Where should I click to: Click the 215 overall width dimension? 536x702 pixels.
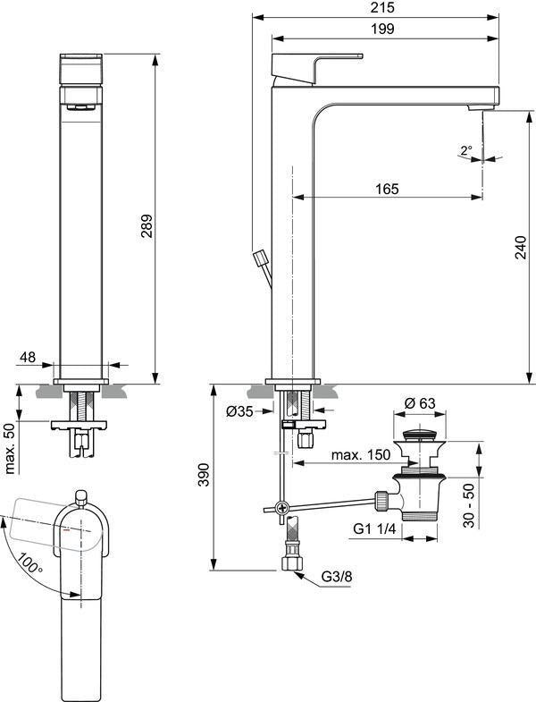pyautogui.click(x=383, y=7)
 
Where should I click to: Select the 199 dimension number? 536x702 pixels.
pyautogui.click(x=383, y=30)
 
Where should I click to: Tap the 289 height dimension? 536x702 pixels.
pyautogui.click(x=147, y=225)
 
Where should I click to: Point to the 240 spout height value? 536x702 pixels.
pyautogui.click(x=521, y=247)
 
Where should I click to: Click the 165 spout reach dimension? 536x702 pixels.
pyautogui.click(x=387, y=189)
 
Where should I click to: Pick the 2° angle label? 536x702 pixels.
pyautogui.click(x=466, y=149)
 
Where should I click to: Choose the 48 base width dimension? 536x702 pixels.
pyautogui.click(x=28, y=357)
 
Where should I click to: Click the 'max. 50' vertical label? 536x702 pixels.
pyautogui.click(x=11, y=449)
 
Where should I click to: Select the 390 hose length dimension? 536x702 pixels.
pyautogui.click(x=203, y=475)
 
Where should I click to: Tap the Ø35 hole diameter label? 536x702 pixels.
pyautogui.click(x=239, y=411)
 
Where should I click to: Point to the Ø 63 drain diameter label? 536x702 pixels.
pyautogui.click(x=420, y=403)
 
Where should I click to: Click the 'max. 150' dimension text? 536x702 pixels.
pyautogui.click(x=361, y=455)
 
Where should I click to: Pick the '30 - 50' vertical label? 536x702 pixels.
pyautogui.click(x=468, y=505)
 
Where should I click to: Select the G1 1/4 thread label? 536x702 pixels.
pyautogui.click(x=374, y=529)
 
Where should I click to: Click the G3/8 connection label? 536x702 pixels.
pyautogui.click(x=337, y=577)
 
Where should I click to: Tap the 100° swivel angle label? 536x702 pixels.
pyautogui.click(x=31, y=563)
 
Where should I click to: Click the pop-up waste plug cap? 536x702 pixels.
pyautogui.click(x=420, y=435)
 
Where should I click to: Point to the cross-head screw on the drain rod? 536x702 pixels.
pyautogui.click(x=281, y=508)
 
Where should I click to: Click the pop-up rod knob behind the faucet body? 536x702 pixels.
pyautogui.click(x=260, y=258)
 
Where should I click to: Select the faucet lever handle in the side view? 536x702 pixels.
pyautogui.click(x=315, y=68)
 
